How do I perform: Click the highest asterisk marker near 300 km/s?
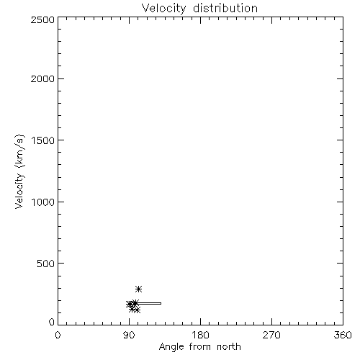pos(138,289)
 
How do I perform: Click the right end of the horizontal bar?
pos(161,303)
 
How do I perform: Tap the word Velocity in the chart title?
pos(163,9)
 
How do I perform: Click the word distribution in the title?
pos(225,8)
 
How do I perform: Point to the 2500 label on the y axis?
pos(42,19)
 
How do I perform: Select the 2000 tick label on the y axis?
pos(42,78)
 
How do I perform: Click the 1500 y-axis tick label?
pos(43,140)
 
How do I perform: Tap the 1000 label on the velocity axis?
pos(43,202)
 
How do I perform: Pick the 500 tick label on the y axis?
pos(46,264)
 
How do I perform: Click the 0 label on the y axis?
pos(52,322)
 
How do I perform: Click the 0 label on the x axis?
pos(58,335)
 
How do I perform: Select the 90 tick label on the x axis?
pos(129,335)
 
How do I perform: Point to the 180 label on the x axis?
pos(200,335)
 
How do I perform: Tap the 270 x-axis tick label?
pos(271,335)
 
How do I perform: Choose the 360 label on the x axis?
pos(343,335)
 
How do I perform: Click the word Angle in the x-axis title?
pos(171,348)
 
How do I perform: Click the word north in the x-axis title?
pos(229,347)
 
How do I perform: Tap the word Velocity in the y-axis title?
pos(20,191)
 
